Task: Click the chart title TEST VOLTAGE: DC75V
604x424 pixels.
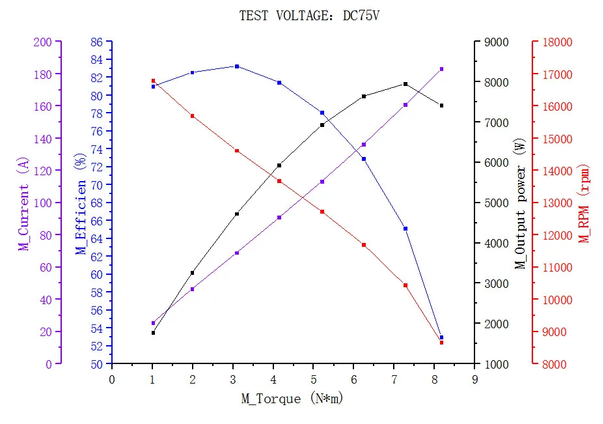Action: (309, 16)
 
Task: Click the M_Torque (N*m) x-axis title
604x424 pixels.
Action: (292, 399)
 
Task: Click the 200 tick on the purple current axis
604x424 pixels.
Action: (42, 42)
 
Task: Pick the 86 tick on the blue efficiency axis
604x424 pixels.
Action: (96, 42)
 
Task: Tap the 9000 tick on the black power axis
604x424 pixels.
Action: (493, 42)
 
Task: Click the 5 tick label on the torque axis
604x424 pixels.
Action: (313, 379)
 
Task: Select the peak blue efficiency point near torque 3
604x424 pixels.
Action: (236, 66)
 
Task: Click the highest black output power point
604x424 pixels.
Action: (405, 84)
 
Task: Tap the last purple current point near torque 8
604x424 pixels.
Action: (441, 69)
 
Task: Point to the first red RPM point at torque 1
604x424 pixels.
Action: (153, 81)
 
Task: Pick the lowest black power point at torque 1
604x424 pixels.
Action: (153, 333)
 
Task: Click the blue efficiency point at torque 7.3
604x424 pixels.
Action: (405, 229)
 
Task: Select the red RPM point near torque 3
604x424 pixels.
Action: (236, 150)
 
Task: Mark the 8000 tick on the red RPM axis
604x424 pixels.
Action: (557, 364)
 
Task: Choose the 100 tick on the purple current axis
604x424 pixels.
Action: (42, 203)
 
